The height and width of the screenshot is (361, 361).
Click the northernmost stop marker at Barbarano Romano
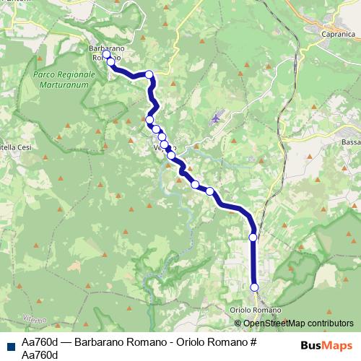point(106,54)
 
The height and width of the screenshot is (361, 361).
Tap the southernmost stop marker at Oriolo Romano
point(254,287)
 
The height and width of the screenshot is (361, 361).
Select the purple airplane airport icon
point(216,118)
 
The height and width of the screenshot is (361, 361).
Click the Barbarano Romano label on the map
point(107,53)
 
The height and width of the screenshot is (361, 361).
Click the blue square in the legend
point(9,344)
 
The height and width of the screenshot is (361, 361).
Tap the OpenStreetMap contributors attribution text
point(297,323)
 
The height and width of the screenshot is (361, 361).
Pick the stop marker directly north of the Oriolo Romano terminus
point(253,237)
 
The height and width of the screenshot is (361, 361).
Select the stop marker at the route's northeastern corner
point(149,74)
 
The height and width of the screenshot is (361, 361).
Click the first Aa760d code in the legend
point(40,340)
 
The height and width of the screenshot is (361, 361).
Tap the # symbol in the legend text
point(253,340)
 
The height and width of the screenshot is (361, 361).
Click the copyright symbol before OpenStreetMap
point(238,323)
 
